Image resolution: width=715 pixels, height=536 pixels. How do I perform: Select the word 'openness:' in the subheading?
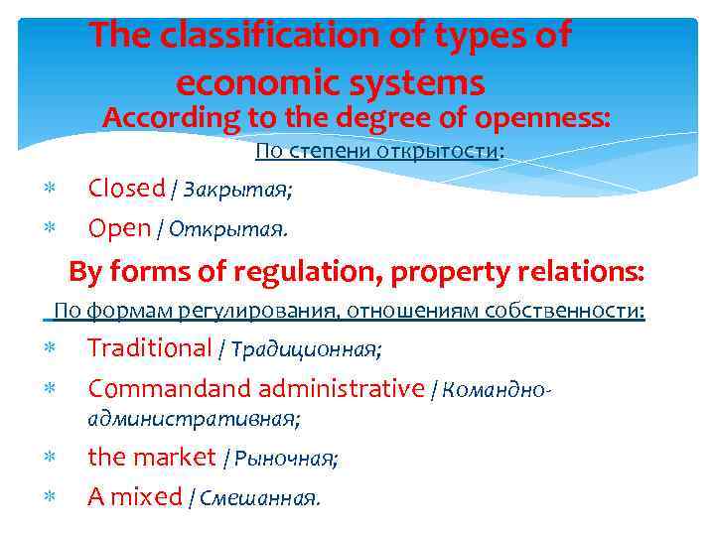(542, 118)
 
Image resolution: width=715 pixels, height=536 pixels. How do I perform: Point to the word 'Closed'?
(126, 188)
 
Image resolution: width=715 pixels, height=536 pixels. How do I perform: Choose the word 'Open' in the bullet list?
(118, 229)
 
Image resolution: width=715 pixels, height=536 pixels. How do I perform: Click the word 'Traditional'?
(150, 347)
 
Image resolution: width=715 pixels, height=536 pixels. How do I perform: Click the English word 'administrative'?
(340, 388)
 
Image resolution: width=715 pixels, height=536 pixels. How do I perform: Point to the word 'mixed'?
(146, 496)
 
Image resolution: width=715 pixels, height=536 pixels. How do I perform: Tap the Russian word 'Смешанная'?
(259, 498)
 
